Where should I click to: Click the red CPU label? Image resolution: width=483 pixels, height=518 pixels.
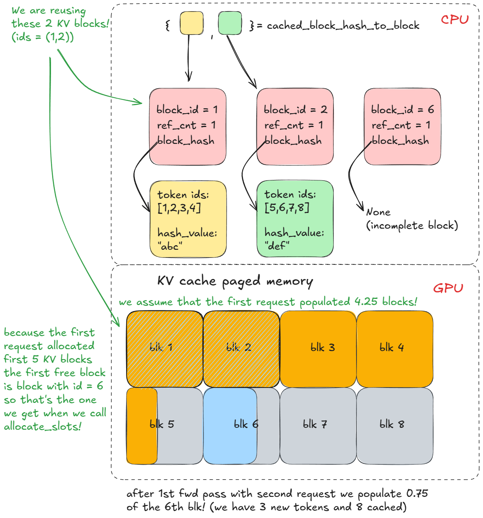click(x=455, y=20)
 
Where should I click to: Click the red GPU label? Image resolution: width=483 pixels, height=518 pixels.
click(x=448, y=288)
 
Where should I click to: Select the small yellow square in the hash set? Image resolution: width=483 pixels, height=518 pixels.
click(x=191, y=23)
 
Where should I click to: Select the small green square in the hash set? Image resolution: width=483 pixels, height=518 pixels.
click(x=230, y=23)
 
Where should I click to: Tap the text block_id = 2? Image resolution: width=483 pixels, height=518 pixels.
click(x=295, y=110)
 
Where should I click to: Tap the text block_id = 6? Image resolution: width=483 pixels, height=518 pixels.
click(x=402, y=110)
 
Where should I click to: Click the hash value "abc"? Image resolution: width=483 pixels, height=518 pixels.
click(x=169, y=246)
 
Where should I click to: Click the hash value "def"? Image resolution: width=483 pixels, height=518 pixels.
click(x=277, y=246)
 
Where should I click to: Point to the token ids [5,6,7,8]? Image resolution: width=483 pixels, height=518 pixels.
click(x=287, y=208)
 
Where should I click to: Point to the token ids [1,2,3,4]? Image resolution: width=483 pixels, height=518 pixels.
click(x=179, y=208)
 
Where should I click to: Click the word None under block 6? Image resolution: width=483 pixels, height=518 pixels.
click(x=378, y=212)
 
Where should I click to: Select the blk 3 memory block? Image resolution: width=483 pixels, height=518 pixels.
click(x=318, y=348)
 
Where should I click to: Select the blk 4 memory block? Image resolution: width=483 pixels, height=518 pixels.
click(x=395, y=348)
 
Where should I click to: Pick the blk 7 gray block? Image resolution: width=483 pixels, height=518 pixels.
click(x=318, y=425)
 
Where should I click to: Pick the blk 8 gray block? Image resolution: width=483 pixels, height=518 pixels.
click(x=395, y=425)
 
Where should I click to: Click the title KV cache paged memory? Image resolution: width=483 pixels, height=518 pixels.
click(x=235, y=281)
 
